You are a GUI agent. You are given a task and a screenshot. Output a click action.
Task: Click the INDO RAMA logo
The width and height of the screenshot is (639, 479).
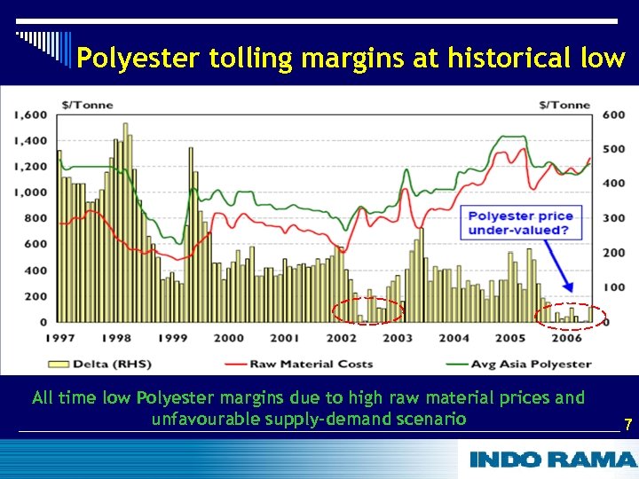click(x=552, y=459)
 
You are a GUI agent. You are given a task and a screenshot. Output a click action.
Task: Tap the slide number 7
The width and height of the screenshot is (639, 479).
click(x=627, y=425)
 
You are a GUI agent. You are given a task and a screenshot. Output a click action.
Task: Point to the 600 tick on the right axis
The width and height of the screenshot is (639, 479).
click(x=614, y=114)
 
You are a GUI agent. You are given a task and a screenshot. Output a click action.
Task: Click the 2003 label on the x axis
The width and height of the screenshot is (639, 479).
click(x=397, y=338)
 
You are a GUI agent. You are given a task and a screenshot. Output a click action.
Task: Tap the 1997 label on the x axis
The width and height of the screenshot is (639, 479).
click(x=59, y=338)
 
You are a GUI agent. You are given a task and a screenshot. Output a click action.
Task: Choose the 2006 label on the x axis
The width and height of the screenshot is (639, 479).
click(x=566, y=338)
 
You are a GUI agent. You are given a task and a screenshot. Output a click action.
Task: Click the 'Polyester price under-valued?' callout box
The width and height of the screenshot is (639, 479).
click(x=520, y=223)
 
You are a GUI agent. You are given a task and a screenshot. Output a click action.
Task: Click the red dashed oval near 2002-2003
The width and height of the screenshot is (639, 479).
click(x=367, y=311)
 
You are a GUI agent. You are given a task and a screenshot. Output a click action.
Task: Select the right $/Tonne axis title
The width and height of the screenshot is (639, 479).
click(x=564, y=105)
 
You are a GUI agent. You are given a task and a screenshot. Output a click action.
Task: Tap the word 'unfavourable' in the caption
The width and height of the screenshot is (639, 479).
click(x=205, y=419)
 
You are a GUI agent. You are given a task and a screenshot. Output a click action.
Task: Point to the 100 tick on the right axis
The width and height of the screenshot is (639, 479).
click(x=614, y=287)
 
